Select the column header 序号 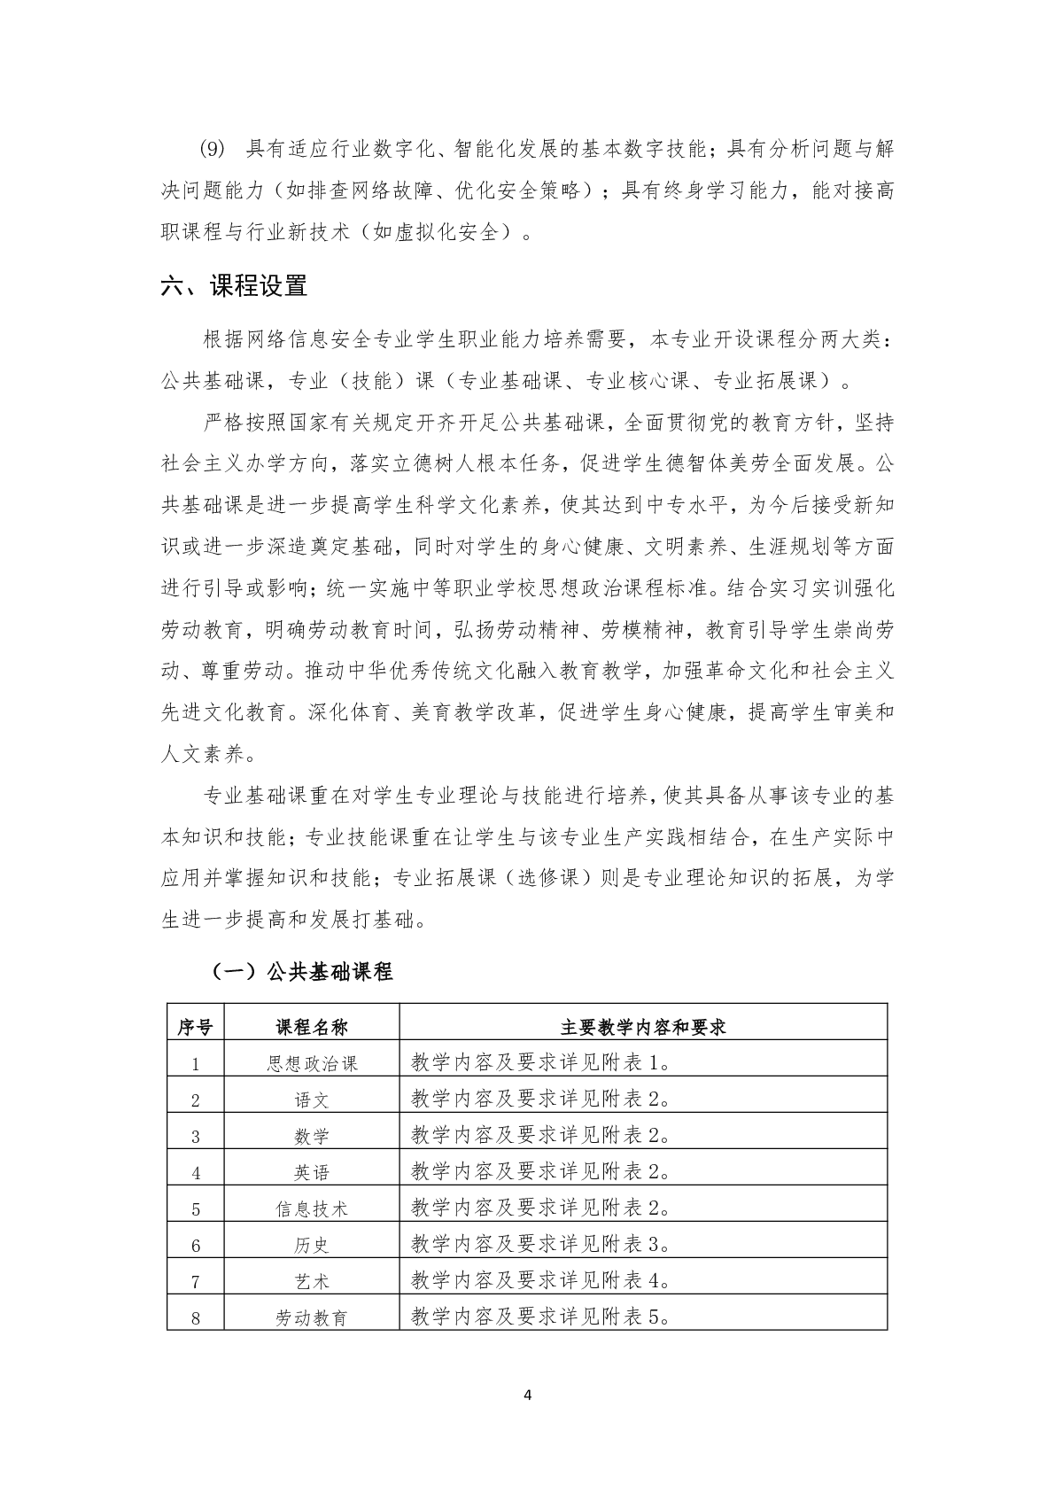[195, 1027]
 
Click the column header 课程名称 [312, 1027]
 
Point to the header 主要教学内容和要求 [643, 1027]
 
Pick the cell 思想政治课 [312, 1063]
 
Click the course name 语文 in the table [312, 1100]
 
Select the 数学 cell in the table [312, 1136]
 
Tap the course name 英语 [312, 1172]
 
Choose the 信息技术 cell [312, 1208]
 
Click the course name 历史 [312, 1245]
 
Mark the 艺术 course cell [312, 1281]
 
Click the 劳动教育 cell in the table [312, 1317]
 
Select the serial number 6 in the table [196, 1246]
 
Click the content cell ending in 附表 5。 [541, 1317]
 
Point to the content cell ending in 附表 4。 [541, 1280]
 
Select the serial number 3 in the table [196, 1137]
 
